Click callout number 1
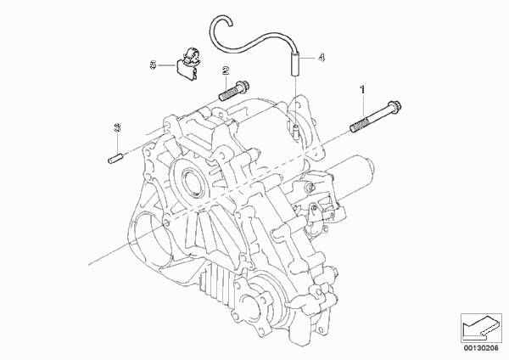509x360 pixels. click(x=362, y=89)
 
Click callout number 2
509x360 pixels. click(x=226, y=70)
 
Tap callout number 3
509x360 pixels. click(x=117, y=127)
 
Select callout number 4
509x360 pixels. click(x=321, y=58)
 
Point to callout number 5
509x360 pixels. click(x=153, y=65)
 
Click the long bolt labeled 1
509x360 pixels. click(x=376, y=116)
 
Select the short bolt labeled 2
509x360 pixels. click(x=235, y=91)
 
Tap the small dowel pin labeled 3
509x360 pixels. click(x=115, y=158)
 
